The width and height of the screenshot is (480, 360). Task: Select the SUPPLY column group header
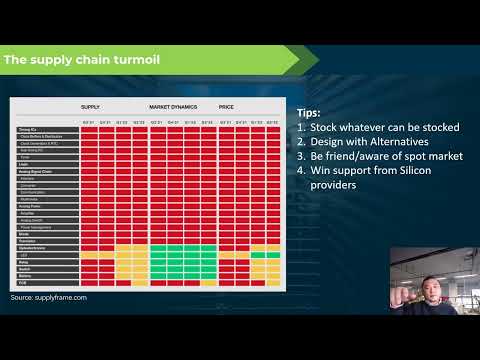click(91, 107)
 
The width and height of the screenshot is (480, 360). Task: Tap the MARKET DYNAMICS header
click(172, 107)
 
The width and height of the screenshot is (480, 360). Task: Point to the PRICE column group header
click(227, 107)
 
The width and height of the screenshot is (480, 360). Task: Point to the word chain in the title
click(96, 60)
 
